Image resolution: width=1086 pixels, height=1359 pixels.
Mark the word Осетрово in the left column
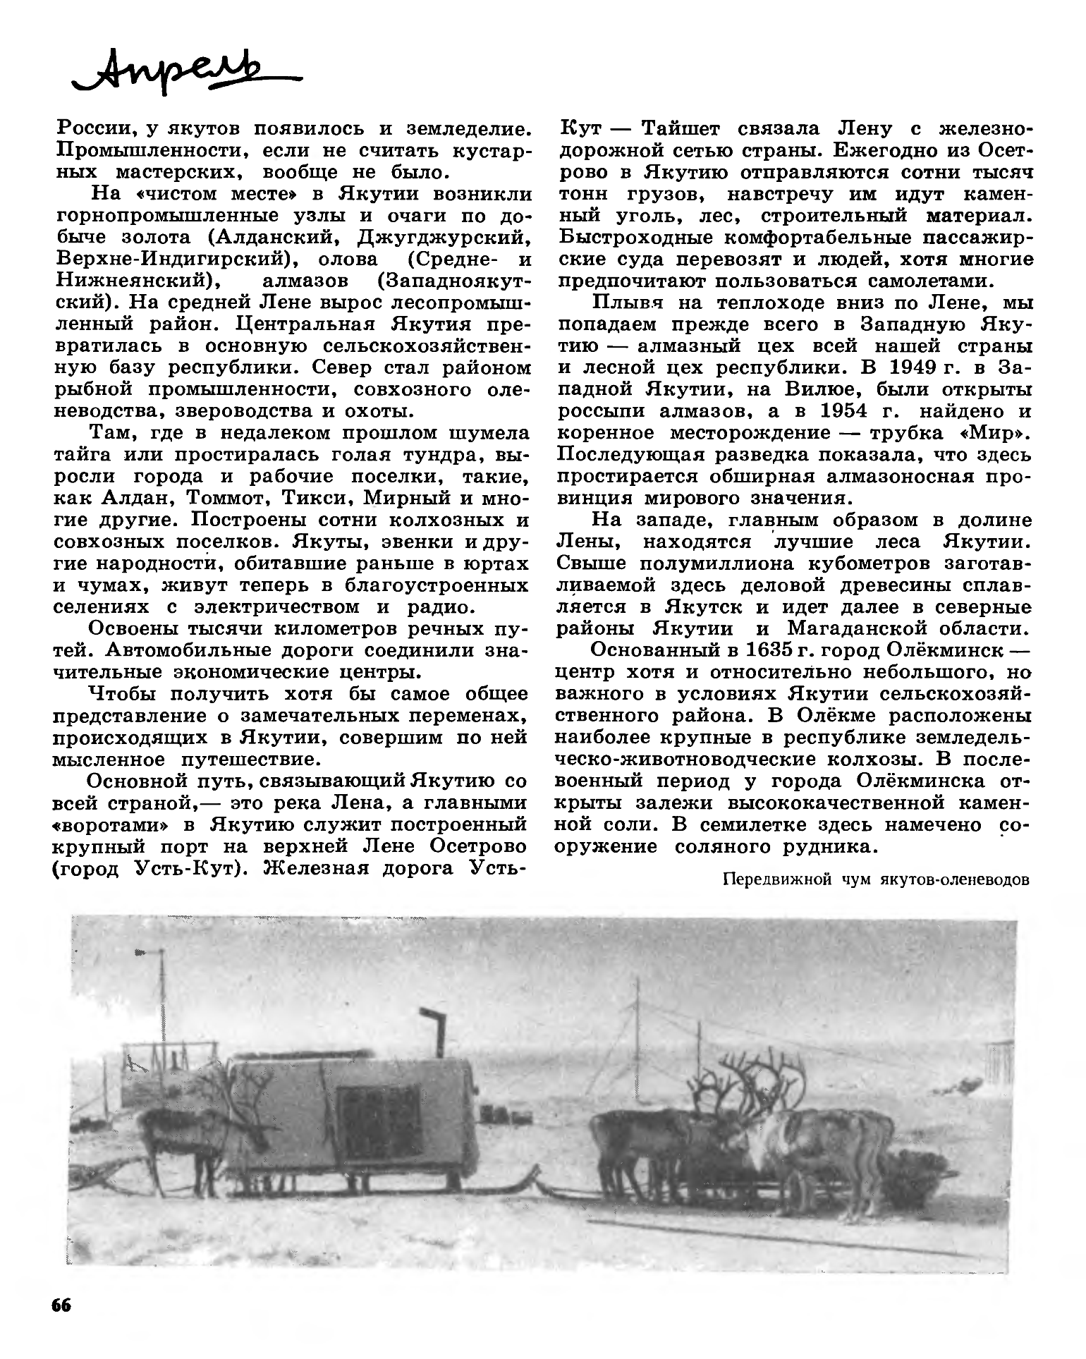[x=482, y=847]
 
